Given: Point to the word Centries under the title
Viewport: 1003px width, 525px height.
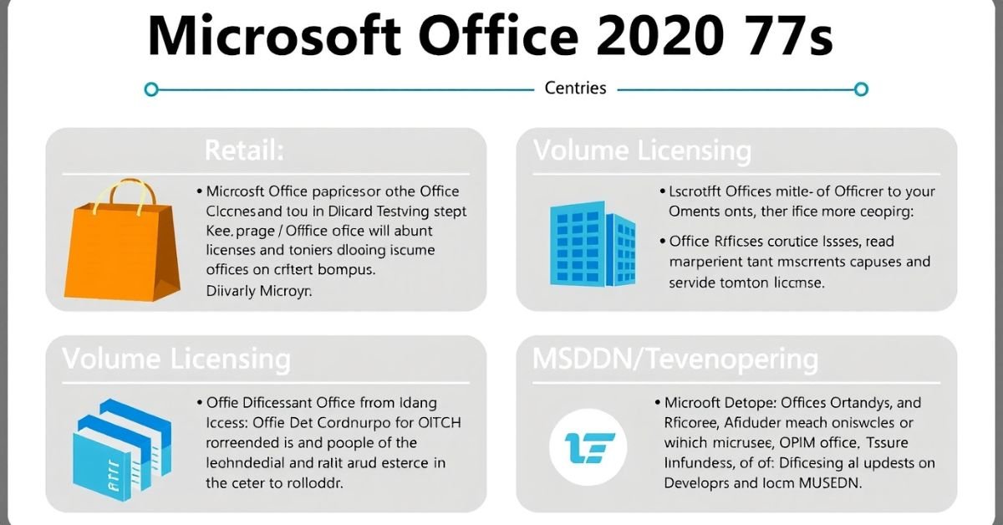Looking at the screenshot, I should [x=575, y=88].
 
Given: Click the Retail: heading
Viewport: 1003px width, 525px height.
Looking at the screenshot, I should [x=245, y=151].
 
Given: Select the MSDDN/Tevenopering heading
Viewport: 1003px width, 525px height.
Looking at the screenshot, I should [x=675, y=359].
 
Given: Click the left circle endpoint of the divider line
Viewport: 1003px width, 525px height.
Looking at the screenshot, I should [x=150, y=89].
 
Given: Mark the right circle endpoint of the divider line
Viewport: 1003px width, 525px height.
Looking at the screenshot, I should [x=862, y=89].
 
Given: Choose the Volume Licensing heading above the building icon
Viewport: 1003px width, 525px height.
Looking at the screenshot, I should [x=642, y=151].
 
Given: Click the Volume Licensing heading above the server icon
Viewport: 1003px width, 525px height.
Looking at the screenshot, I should [x=176, y=359].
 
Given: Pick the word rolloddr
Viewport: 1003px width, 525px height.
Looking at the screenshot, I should [x=317, y=482].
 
